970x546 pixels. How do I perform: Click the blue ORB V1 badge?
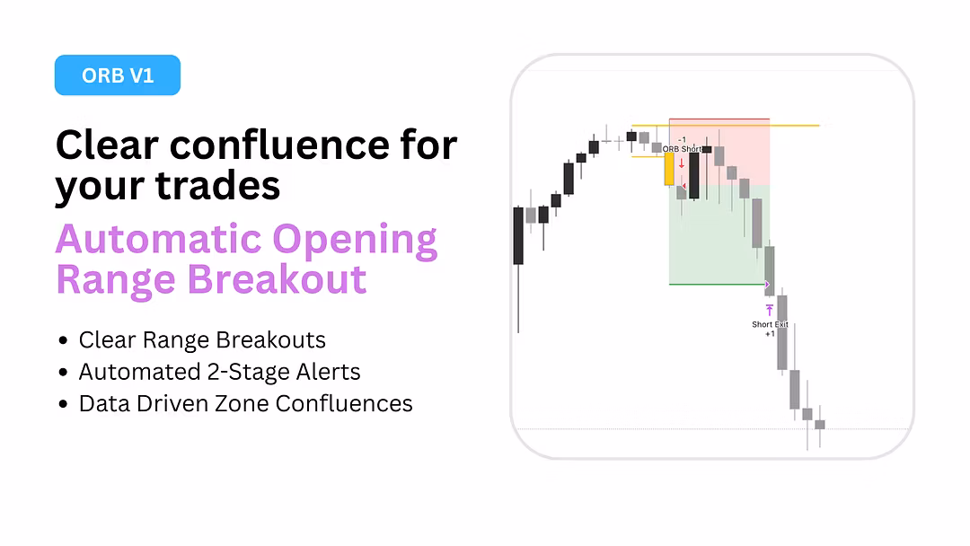tap(118, 75)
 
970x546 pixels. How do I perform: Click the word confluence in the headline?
tap(279, 145)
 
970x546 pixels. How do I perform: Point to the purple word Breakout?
tap(278, 279)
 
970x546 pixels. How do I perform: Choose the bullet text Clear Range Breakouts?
tap(202, 340)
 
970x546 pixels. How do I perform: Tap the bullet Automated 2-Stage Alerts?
tap(220, 372)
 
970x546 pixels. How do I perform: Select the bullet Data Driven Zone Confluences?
tap(245, 404)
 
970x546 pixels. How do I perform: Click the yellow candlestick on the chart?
tap(669, 169)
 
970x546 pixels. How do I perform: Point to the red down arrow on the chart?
tap(682, 163)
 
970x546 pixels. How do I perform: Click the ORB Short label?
tap(682, 149)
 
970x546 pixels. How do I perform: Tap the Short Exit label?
tap(771, 324)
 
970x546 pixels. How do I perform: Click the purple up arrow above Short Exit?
tap(770, 310)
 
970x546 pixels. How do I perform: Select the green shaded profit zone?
tap(719, 234)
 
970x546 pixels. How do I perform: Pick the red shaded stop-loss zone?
tap(719, 152)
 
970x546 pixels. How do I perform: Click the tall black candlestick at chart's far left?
tap(518, 235)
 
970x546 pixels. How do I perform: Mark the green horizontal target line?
tap(718, 285)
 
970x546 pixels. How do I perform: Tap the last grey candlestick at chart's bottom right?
tap(820, 425)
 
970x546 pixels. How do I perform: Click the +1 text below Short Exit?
tap(771, 334)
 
